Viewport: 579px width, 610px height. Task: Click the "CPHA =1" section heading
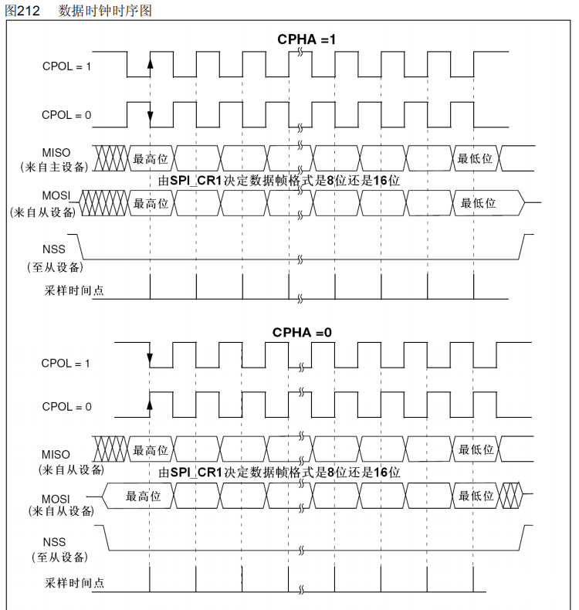[x=306, y=39]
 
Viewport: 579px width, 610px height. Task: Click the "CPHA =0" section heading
[x=303, y=332]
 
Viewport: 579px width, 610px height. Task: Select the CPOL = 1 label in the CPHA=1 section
[x=66, y=66]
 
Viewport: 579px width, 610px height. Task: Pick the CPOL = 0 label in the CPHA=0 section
[x=66, y=407]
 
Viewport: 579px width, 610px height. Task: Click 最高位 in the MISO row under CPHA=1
[x=151, y=158]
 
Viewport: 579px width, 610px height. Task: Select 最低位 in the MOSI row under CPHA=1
[x=478, y=203]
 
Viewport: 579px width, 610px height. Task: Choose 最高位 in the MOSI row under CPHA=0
[x=143, y=496]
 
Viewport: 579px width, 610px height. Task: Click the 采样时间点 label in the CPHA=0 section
[x=73, y=581]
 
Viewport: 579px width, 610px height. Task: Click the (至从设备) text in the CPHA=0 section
[x=58, y=557]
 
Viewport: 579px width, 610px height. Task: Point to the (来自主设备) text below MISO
[x=53, y=166]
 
